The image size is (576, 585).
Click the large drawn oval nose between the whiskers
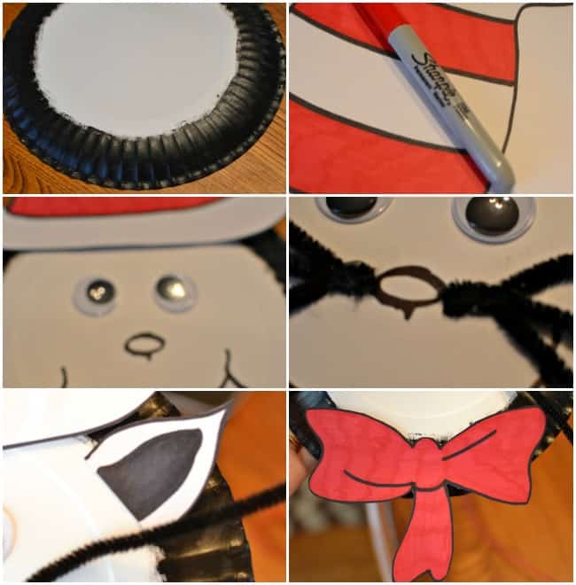(409, 286)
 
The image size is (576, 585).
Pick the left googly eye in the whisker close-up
(351, 207)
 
